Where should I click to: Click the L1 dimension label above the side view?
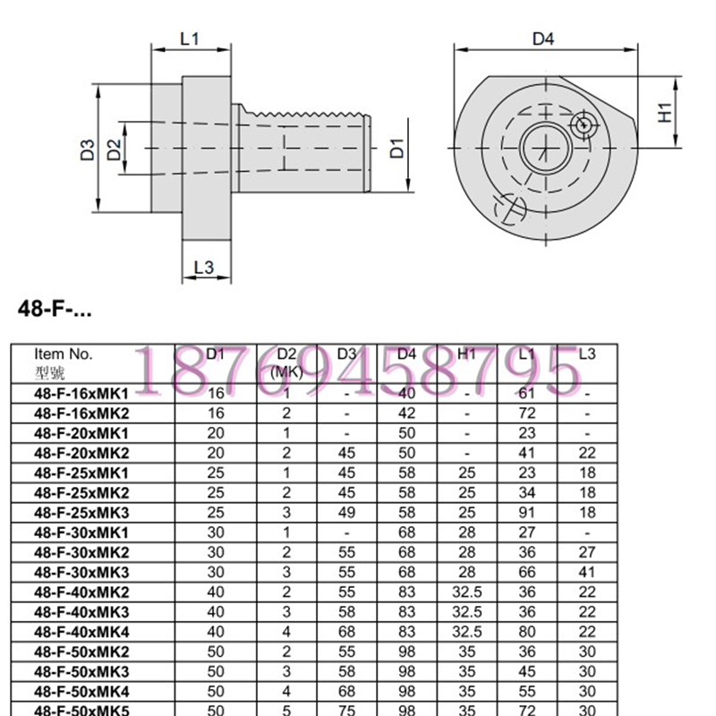tap(189, 38)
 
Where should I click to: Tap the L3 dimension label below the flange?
tap(204, 267)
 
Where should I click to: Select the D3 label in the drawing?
tap(87, 149)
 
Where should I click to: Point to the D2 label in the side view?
tap(114, 149)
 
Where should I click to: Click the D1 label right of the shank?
tap(397, 148)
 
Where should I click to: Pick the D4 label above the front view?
tap(543, 38)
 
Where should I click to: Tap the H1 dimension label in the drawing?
tap(664, 112)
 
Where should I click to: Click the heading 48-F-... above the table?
tap(55, 310)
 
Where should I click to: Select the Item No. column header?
tap(63, 354)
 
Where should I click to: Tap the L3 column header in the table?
tap(587, 354)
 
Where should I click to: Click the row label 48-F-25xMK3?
tap(81, 512)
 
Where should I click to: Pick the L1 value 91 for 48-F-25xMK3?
tap(527, 512)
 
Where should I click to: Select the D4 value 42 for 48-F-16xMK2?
tap(406, 413)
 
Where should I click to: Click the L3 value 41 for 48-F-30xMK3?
tap(587, 571)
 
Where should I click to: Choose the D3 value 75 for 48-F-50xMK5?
tap(347, 710)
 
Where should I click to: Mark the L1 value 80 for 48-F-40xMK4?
tap(527, 631)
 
